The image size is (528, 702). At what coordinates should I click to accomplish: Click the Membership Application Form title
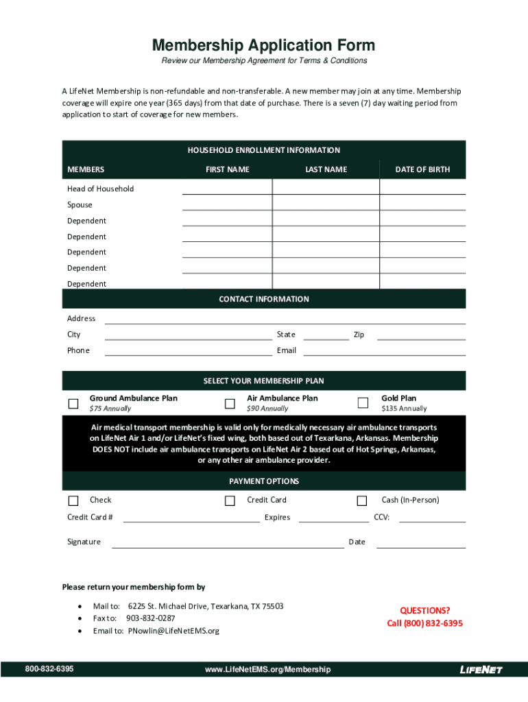pos(263,46)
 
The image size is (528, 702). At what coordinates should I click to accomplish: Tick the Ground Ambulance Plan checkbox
pos(73,403)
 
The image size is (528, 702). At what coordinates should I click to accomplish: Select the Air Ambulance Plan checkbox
pos(230,403)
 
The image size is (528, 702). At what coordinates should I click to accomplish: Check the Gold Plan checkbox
pos(362,403)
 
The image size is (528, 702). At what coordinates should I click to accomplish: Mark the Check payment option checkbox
pos(73,500)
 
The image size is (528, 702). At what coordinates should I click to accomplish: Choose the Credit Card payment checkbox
pos(230,500)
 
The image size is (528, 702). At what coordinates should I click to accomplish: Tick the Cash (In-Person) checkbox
pos(362,500)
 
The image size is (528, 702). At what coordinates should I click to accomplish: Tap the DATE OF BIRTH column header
pos(422,169)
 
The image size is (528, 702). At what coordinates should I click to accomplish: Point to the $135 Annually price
pos(404,409)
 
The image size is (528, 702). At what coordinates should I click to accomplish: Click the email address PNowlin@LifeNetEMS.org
pos(173,631)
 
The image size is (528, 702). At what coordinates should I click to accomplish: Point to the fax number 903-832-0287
pos(150,618)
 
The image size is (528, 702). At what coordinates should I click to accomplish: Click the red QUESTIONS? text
pos(425,611)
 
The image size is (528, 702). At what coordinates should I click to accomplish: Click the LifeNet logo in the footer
pos(481,670)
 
